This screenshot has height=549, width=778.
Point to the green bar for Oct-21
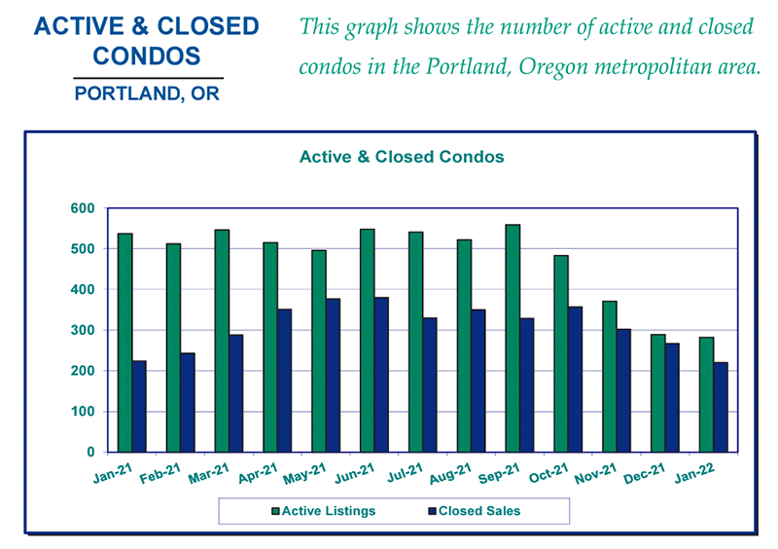(x=561, y=354)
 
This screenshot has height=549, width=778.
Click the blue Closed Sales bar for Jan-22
(x=721, y=408)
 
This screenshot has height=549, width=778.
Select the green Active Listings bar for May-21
(x=318, y=351)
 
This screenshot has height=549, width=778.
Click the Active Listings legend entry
(x=328, y=511)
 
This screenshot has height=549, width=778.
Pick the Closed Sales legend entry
(x=477, y=511)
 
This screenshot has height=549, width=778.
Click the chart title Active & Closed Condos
(x=401, y=157)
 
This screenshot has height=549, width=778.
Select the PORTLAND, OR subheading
(x=148, y=95)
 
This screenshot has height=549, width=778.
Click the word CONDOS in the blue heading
(x=148, y=55)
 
